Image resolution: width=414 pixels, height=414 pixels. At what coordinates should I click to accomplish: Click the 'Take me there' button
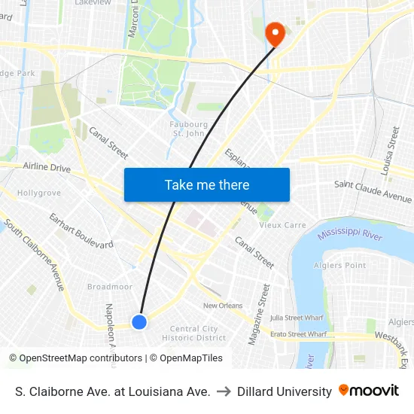[207, 184]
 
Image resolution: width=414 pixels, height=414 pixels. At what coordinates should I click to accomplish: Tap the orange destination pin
[275, 32]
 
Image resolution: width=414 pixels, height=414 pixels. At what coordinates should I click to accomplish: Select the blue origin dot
[139, 322]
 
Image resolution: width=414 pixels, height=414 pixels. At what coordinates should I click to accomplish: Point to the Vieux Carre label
[282, 225]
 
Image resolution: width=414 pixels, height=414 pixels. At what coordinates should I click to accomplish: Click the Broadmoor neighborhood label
[109, 287]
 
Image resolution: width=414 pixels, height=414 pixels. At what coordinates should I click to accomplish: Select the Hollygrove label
[39, 193]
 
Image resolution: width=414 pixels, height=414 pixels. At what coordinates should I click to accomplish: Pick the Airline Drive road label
[47, 167]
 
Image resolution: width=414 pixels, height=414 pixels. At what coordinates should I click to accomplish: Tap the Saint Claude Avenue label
[373, 191]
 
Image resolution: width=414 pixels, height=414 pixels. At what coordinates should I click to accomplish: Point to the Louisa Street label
[390, 151]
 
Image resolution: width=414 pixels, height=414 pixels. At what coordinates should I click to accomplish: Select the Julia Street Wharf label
[297, 318]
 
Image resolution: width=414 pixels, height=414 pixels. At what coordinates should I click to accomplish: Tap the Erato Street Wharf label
[298, 333]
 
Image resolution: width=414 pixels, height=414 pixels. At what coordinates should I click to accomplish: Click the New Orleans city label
[222, 306]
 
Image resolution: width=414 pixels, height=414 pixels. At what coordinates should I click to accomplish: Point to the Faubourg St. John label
[190, 129]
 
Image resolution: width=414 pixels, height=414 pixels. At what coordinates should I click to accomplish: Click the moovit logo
[369, 391]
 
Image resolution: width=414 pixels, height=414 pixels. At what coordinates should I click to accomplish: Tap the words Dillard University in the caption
[284, 391]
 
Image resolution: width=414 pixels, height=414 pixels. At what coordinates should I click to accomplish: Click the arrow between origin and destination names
[224, 391]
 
